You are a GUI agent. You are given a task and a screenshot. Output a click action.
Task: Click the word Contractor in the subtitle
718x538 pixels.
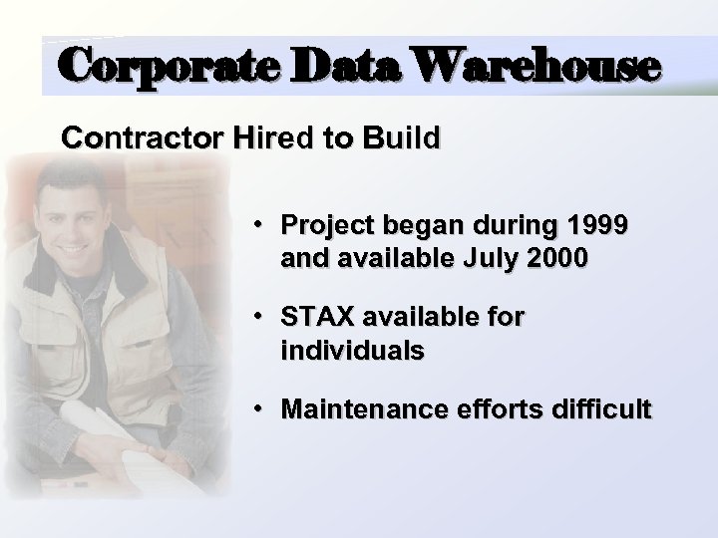[x=144, y=137]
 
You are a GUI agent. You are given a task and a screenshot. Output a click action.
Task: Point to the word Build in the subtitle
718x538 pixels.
[x=402, y=137]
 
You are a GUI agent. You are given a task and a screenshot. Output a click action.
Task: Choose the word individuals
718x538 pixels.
[x=352, y=351]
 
